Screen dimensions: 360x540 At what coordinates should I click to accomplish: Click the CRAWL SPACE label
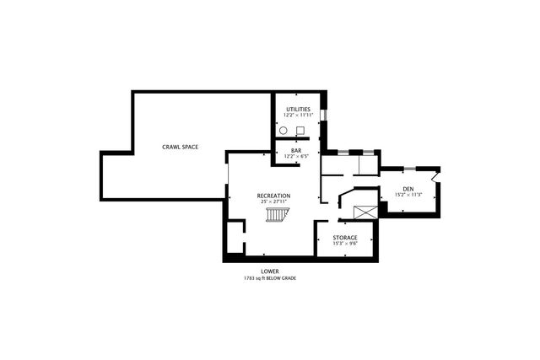(180, 148)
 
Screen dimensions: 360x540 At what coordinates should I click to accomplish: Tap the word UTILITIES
(299, 110)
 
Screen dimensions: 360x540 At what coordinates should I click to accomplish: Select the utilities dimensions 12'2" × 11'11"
(299, 116)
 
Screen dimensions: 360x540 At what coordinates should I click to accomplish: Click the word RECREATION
(273, 196)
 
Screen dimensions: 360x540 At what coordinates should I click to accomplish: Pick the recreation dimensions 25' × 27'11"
(273, 201)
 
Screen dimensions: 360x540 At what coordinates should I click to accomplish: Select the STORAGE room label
(344, 238)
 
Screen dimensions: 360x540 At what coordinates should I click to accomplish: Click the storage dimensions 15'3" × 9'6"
(344, 244)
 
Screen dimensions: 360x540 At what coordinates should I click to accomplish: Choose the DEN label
(408, 189)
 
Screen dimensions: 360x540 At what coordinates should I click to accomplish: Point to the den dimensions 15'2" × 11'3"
(408, 195)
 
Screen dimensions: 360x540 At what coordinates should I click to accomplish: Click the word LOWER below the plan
(270, 271)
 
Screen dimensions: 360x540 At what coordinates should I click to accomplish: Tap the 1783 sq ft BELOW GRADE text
(270, 278)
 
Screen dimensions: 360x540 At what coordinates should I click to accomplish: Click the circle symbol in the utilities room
(284, 131)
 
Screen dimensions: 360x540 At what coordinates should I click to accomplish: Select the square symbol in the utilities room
(300, 131)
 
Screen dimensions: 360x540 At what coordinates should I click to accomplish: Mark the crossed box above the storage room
(364, 212)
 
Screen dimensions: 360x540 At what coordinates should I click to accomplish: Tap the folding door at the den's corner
(435, 176)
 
